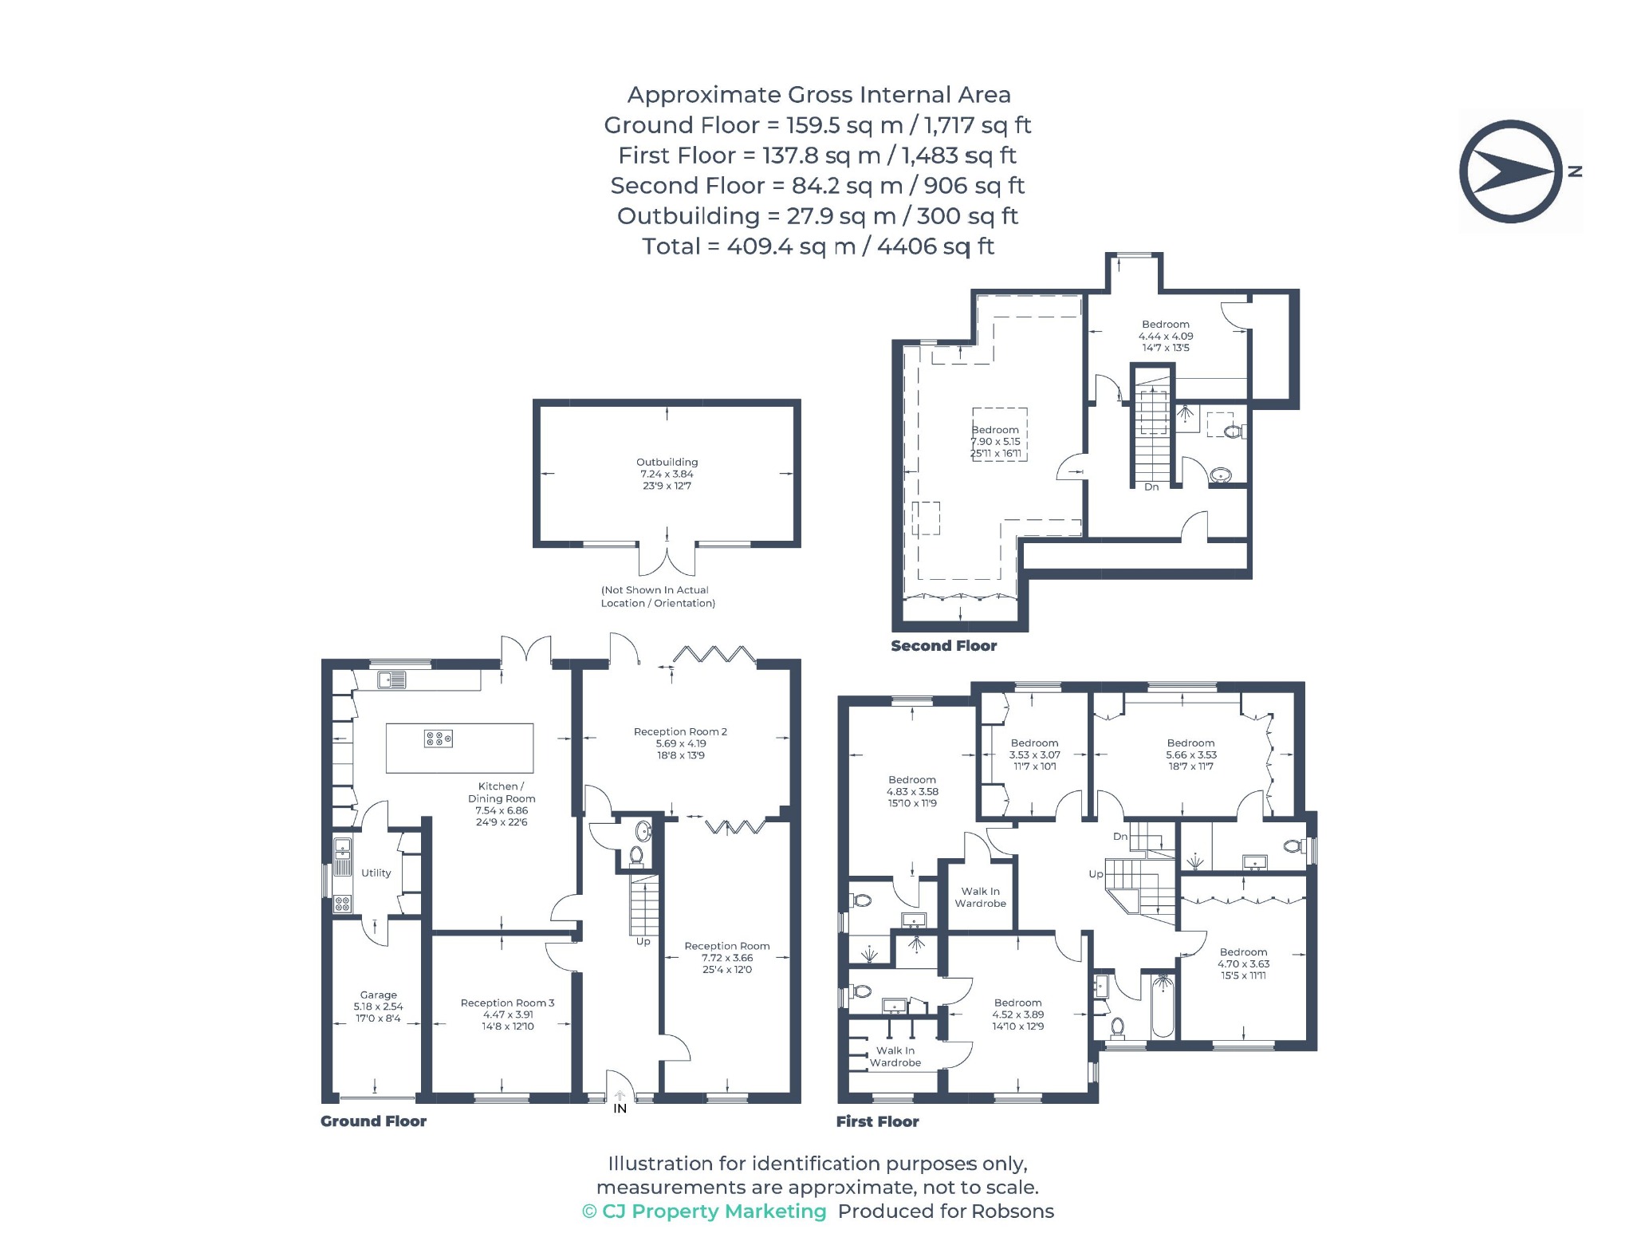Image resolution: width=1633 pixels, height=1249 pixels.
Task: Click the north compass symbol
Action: tap(1512, 171)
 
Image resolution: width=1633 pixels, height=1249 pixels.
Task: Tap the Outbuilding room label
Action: tap(667, 462)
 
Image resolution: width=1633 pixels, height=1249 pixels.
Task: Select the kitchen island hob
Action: tap(439, 739)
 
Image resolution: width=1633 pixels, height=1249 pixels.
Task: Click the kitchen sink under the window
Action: tap(392, 680)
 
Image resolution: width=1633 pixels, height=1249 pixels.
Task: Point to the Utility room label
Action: tap(376, 873)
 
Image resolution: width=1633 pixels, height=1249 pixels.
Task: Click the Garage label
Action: tap(378, 995)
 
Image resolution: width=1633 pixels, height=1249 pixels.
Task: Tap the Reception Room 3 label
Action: tap(507, 1003)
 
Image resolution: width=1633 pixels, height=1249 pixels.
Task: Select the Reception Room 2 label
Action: tap(680, 731)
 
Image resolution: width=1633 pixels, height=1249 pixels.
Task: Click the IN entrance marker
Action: tap(620, 1108)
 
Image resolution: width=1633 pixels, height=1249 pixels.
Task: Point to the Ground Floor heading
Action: tap(373, 1121)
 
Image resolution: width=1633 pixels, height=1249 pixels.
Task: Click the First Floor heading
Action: tap(877, 1121)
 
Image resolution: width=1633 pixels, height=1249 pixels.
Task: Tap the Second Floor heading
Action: tap(943, 646)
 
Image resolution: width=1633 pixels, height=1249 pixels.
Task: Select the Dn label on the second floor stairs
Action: tap(1151, 487)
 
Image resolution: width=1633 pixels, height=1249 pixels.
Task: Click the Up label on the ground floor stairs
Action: tap(643, 941)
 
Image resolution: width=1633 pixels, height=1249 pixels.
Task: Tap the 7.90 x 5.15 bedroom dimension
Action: tap(995, 441)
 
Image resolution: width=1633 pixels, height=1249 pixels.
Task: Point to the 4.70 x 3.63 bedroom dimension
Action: tap(1243, 963)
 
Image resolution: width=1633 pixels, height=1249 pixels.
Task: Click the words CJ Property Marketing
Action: tap(714, 1211)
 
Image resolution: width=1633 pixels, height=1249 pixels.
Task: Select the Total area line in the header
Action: tap(818, 246)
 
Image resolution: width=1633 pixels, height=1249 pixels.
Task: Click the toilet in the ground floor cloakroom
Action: tap(636, 856)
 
